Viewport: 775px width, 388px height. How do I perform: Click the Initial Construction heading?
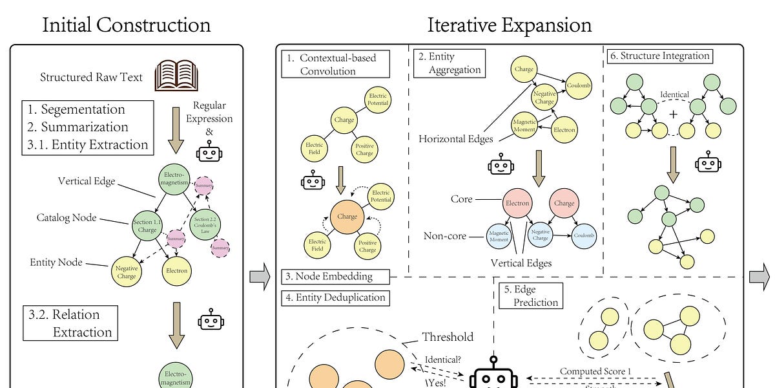[126, 25]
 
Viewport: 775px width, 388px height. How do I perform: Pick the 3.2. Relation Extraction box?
[70, 323]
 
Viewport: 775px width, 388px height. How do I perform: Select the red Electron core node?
[518, 203]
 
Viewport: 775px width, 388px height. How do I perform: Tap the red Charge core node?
[564, 203]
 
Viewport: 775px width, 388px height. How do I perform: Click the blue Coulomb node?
[582, 235]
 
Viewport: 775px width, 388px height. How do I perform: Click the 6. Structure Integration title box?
[659, 56]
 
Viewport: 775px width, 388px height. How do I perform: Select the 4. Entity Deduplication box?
[335, 297]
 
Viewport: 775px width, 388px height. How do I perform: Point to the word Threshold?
[448, 337]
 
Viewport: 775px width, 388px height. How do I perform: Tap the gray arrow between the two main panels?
[259, 277]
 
